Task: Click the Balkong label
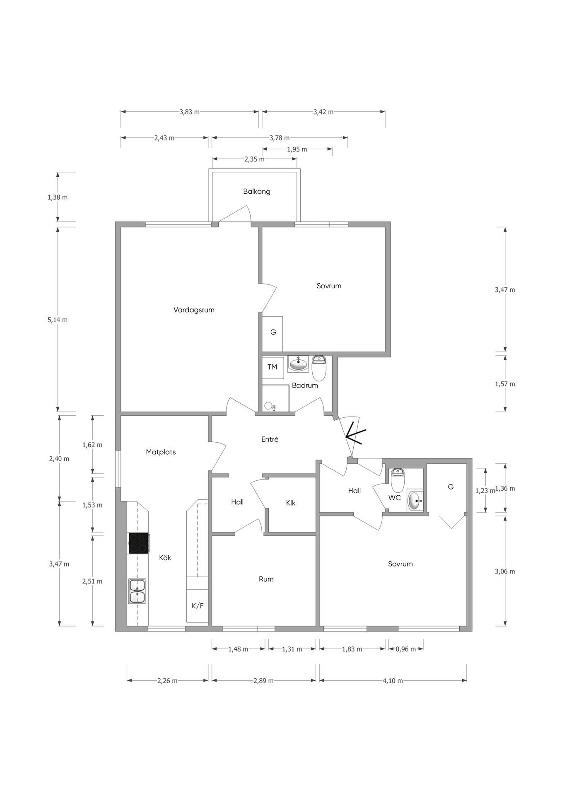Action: [x=257, y=191]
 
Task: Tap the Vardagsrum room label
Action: [x=194, y=310]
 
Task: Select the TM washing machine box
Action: [x=273, y=367]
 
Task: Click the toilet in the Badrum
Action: [x=319, y=368]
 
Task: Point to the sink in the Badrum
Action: [x=298, y=364]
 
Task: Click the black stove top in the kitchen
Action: [x=138, y=543]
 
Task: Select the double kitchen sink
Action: [x=137, y=591]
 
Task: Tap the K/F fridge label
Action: [x=198, y=606]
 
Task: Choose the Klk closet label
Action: [x=291, y=503]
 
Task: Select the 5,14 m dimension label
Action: [x=58, y=320]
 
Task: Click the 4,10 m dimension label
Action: [x=393, y=681]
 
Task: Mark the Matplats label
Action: [x=161, y=452]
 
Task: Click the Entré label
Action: [x=270, y=439]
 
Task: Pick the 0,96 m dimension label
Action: [x=405, y=649]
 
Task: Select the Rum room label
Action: [x=266, y=579]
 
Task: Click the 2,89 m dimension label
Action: [x=263, y=681]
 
